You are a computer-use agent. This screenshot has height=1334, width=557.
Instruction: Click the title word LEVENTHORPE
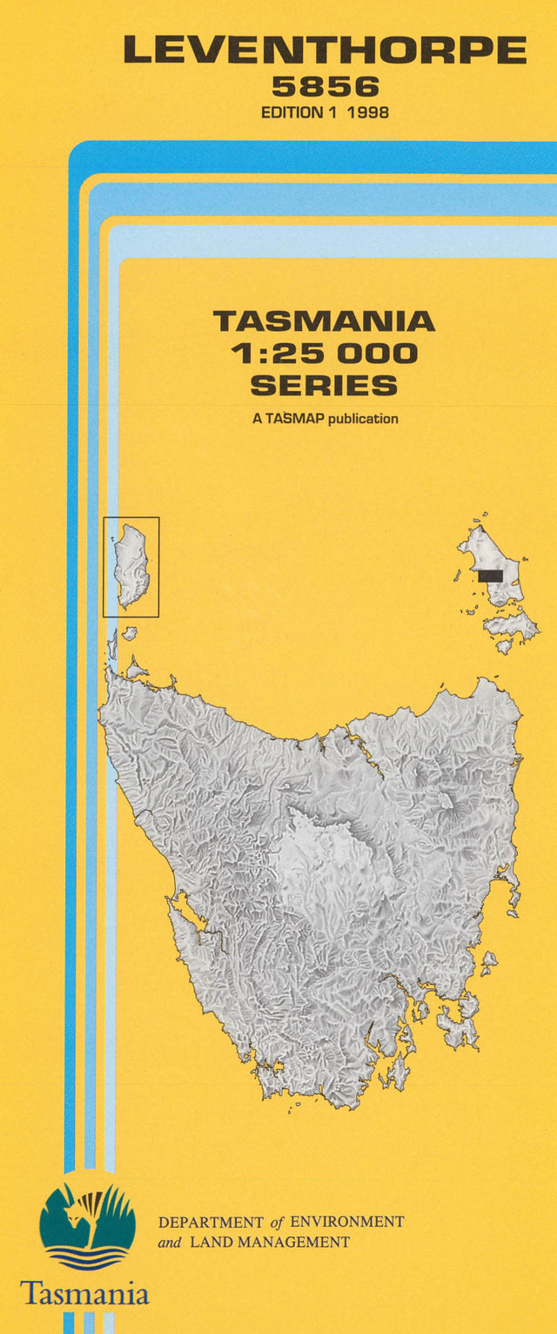coord(325,51)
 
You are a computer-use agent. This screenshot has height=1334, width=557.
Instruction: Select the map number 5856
coord(325,87)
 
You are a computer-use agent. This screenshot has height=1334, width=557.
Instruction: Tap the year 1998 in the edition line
coord(368,112)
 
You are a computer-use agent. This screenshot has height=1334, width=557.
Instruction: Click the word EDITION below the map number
coord(291,112)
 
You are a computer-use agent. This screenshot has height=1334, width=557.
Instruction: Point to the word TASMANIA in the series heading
coord(324,321)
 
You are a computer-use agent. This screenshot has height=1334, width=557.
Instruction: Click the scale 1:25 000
coord(324,354)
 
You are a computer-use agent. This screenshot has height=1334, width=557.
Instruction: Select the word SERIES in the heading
coord(324,385)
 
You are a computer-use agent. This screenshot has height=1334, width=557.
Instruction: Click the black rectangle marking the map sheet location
coord(490,576)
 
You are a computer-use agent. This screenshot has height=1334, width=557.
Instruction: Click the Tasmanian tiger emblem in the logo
coord(87,1216)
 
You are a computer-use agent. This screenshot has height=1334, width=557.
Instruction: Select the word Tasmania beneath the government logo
coord(84,1292)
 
